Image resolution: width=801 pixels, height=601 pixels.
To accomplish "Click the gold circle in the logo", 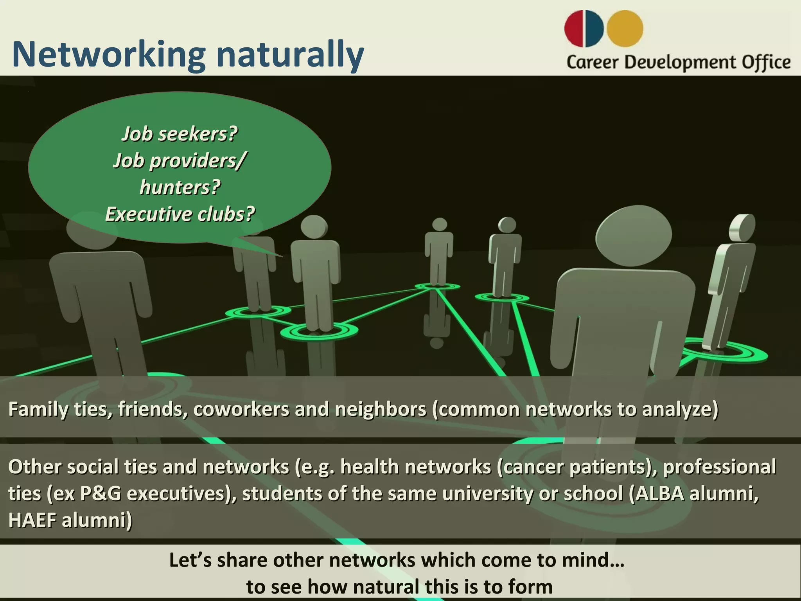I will tap(625, 29).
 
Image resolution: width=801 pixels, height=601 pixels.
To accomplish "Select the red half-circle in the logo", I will tap(575, 28).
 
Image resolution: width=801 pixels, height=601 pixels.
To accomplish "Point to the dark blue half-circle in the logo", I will tap(596, 29).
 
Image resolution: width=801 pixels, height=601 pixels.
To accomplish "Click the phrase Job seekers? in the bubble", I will tap(180, 134).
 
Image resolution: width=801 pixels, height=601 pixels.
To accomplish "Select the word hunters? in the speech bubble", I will tap(180, 187).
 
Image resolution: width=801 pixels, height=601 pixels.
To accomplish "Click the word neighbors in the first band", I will tap(380, 409).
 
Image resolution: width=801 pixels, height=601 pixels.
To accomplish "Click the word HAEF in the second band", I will tap(32, 521).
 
